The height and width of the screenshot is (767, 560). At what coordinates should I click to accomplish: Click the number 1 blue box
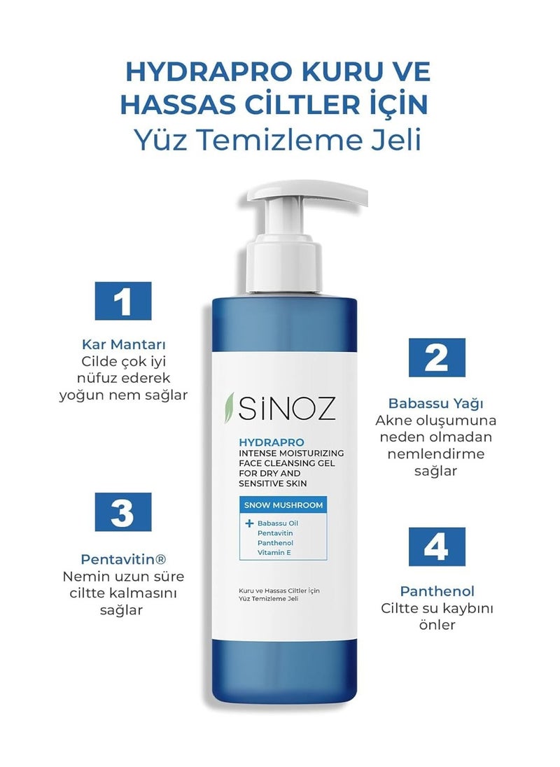(122, 301)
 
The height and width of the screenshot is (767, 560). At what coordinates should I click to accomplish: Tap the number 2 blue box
(437, 358)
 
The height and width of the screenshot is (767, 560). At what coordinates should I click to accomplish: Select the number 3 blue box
(122, 512)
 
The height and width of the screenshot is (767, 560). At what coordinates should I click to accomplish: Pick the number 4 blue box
(437, 547)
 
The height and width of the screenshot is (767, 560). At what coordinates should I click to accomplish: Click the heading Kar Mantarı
(124, 344)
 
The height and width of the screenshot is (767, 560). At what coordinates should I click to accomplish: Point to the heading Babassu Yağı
(436, 404)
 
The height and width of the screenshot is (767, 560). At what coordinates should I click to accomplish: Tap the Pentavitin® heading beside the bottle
(123, 559)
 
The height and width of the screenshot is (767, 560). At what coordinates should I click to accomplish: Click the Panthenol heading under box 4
(437, 591)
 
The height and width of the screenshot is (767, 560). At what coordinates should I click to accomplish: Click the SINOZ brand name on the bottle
(286, 408)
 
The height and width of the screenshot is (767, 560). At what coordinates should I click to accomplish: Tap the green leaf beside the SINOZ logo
(228, 407)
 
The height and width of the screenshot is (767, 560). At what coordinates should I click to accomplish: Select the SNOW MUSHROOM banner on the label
(283, 505)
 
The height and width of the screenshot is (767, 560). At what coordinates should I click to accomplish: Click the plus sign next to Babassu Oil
(249, 523)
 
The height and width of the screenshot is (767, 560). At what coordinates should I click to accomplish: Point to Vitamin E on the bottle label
(274, 553)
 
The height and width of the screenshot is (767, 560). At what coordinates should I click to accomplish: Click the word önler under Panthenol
(437, 625)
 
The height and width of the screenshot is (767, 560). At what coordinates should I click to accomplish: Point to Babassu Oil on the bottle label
(278, 523)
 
